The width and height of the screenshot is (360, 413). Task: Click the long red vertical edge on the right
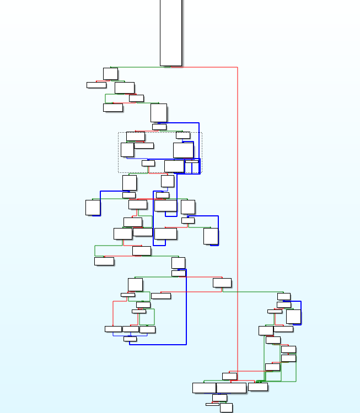237,220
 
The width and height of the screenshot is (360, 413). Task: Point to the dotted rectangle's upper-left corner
119,132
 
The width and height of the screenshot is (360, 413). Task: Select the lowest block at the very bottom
226,407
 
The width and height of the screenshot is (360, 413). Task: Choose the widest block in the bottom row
231,388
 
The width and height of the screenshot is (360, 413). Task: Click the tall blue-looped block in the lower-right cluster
293,316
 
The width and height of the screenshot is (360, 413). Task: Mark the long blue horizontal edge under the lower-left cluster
160,345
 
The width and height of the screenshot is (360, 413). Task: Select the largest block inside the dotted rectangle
183,150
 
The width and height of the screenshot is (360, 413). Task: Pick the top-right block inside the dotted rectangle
183,135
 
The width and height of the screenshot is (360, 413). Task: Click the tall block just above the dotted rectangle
158,112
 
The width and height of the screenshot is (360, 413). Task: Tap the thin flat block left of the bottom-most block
212,404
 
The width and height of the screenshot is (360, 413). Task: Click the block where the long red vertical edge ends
229,376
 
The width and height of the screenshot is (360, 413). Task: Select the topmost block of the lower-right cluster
283,296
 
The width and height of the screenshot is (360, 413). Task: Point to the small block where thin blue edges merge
130,339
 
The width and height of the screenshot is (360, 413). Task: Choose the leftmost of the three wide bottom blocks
204,388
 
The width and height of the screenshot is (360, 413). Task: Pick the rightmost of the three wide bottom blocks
257,387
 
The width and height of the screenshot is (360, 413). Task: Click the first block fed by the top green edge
110,73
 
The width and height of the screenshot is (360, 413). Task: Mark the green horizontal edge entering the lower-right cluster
254,292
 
